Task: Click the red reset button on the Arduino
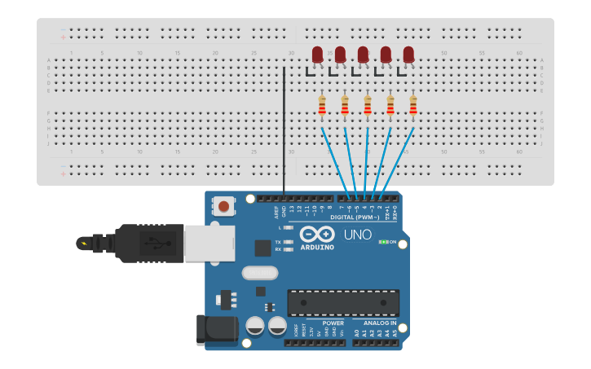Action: coord(223,206)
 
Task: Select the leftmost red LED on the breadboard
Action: coord(317,55)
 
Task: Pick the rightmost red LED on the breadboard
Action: coord(408,55)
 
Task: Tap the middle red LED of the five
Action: coord(363,55)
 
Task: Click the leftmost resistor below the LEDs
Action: coord(322,105)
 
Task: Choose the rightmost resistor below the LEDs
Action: coord(413,105)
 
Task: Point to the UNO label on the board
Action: coord(357,235)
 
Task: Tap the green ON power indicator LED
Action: coord(383,242)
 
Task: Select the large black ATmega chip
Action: coord(343,302)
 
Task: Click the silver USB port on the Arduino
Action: coord(209,243)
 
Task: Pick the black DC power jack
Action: coord(217,329)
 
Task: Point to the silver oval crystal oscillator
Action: coord(260,274)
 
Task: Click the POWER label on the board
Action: coord(333,323)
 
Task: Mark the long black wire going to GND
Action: coord(284,130)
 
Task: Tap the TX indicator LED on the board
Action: coord(287,242)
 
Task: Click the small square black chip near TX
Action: coord(262,248)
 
